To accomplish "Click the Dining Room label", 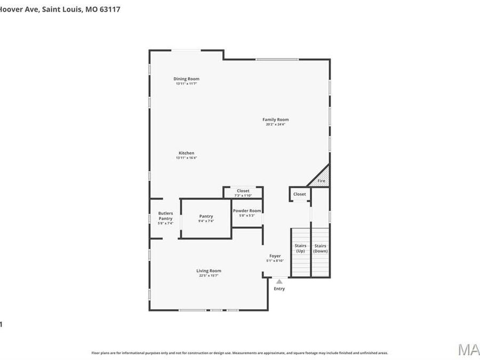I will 186,79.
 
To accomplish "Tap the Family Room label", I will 275,119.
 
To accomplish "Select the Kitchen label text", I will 186,153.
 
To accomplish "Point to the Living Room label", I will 209,271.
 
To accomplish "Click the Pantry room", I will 206,218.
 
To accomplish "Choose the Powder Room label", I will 247,211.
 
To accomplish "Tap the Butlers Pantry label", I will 165,216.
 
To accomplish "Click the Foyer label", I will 275,256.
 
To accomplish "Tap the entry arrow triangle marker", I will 279,281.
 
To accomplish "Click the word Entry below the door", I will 279,289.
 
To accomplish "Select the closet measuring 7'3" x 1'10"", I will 243,193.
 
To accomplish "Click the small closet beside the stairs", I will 299,195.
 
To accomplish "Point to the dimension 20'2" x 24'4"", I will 275,124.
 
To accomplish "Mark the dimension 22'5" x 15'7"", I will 209,276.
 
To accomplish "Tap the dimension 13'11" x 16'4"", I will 186,158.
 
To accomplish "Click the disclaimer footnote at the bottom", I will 239,353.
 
